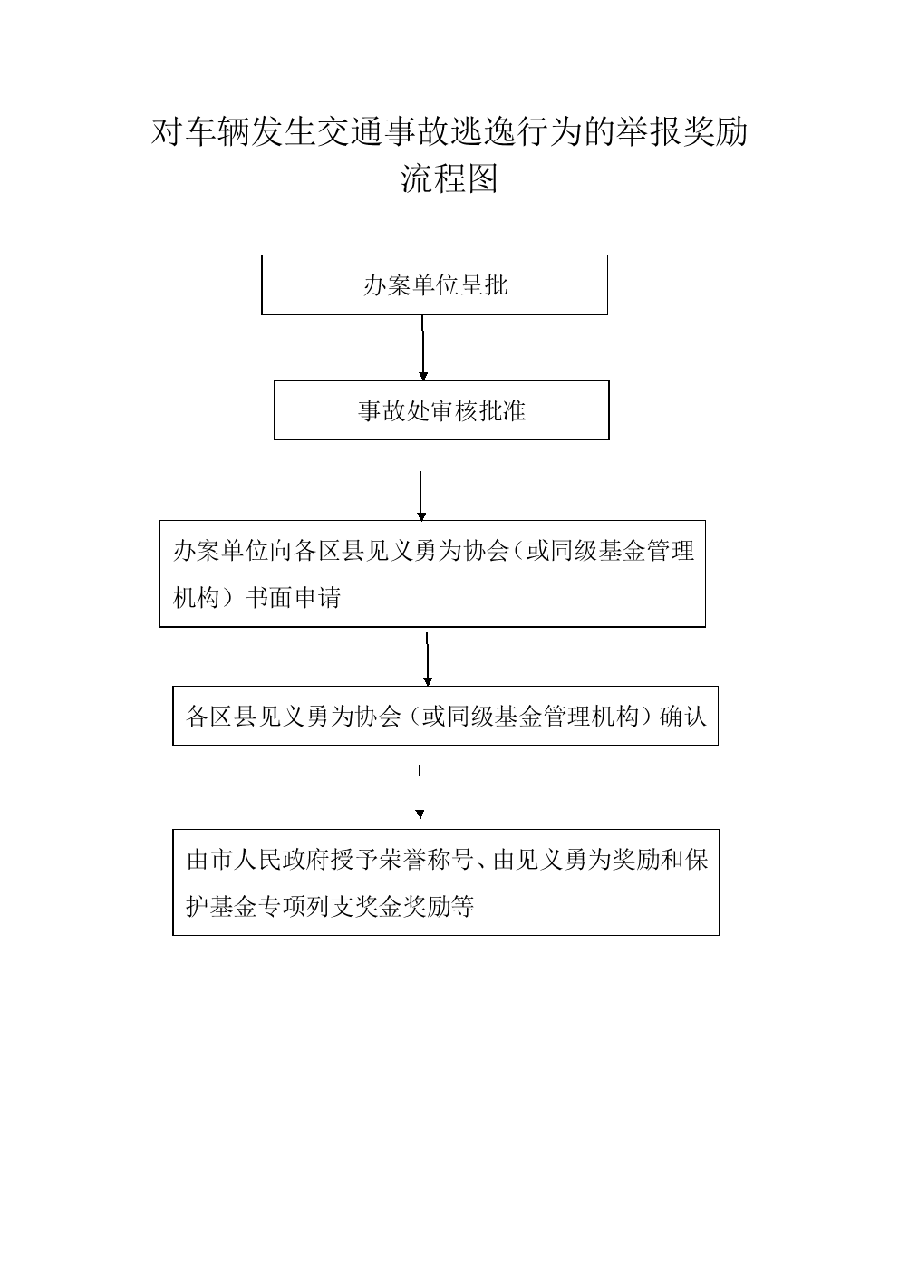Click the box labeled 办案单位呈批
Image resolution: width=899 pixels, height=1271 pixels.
[434, 284]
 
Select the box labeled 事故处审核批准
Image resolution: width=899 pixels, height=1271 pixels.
[441, 410]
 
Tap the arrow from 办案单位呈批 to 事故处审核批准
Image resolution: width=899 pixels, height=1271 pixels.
[423, 348]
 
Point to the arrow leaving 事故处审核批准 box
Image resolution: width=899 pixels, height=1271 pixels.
[420, 488]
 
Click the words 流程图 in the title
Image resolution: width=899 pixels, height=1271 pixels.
[449, 178]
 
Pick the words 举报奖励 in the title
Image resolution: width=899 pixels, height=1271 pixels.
[682, 132]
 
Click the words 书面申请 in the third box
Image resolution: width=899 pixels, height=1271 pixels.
[293, 598]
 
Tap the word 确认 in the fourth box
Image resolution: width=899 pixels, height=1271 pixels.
[683, 717]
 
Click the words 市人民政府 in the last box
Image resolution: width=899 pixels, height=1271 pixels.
[269, 861]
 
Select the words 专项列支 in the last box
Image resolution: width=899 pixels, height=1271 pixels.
[306, 907]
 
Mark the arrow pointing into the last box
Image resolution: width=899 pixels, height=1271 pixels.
[420, 792]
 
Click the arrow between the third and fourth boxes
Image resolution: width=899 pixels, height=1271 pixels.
[428, 660]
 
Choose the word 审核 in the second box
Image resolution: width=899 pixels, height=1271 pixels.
[453, 410]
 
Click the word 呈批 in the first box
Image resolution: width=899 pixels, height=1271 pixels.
[484, 284]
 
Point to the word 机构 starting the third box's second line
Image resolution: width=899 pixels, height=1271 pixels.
[196, 598]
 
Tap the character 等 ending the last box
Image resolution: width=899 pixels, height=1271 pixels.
[462, 907]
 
